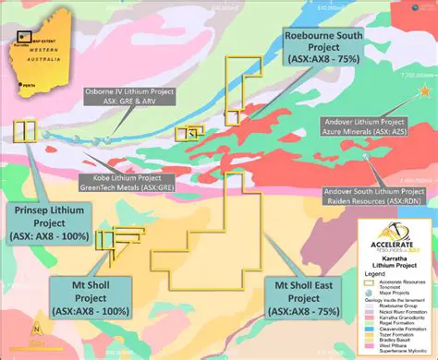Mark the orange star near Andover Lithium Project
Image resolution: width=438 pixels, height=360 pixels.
coord(424,91)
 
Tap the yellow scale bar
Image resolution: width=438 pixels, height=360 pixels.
coord(37,349)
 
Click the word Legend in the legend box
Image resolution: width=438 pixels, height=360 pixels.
coord(374,274)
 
